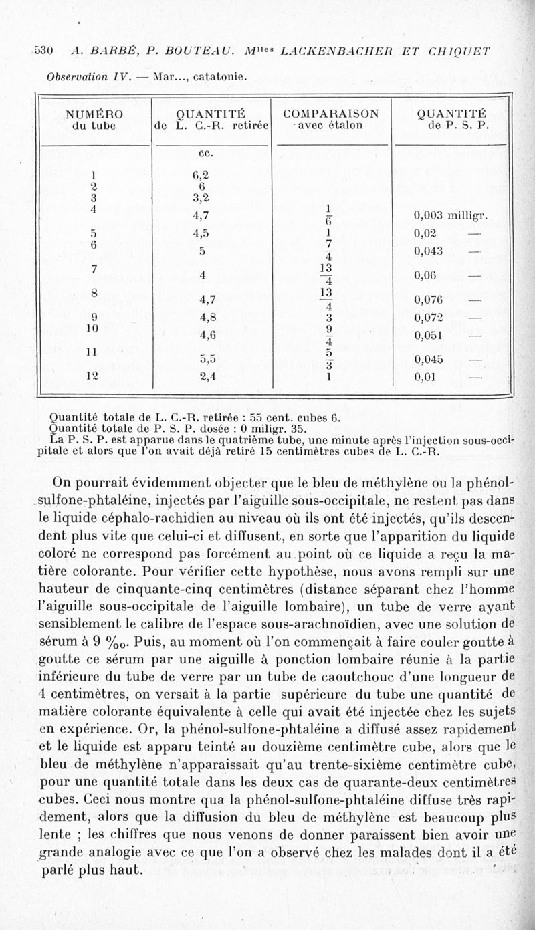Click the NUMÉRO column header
click(94, 113)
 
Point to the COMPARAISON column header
click(330, 113)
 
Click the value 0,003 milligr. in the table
click(451, 215)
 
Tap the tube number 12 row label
click(94, 376)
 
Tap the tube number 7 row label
click(94, 268)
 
